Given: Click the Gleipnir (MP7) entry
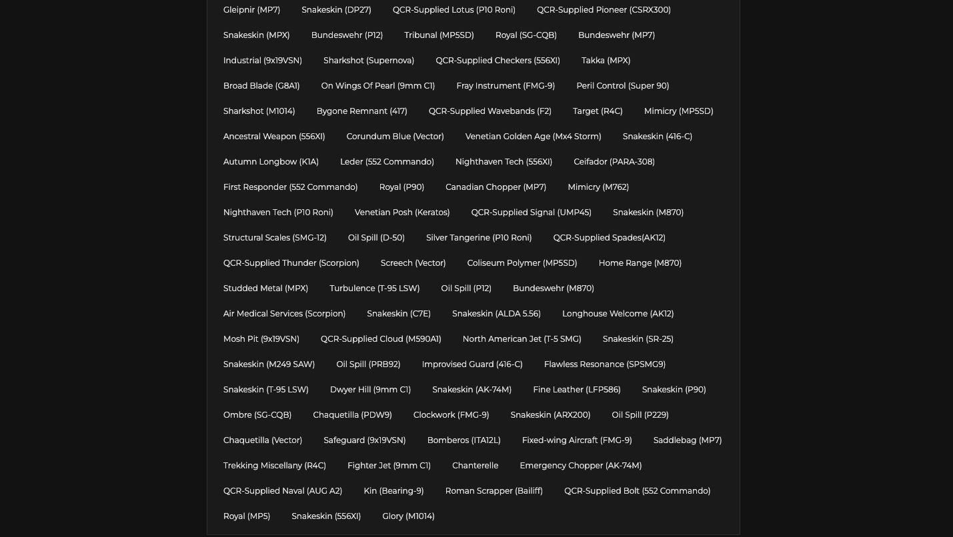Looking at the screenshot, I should pyautogui.click(x=251, y=10).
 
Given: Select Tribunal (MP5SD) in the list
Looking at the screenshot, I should pyautogui.click(x=439, y=35).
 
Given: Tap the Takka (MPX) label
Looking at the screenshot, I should pyautogui.click(x=606, y=61).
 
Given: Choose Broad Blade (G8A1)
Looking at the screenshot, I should pyautogui.click(x=261, y=86).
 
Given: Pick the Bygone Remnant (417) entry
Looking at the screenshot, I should pyautogui.click(x=361, y=111).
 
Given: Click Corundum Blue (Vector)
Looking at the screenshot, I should pyautogui.click(x=395, y=137).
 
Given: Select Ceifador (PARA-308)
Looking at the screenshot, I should pyautogui.click(x=614, y=162).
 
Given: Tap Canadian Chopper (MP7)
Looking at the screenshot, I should pyautogui.click(x=496, y=187).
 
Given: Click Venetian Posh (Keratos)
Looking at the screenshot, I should pyautogui.click(x=402, y=213).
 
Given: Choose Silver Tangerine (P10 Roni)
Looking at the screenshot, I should pyautogui.click(x=478, y=238).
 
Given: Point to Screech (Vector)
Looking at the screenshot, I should pyautogui.click(x=413, y=263).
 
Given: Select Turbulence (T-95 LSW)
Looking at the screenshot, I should pyautogui.click(x=374, y=288).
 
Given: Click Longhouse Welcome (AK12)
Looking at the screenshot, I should pyautogui.click(x=618, y=314).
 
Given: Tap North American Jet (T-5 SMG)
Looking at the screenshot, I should pyautogui.click(x=522, y=339).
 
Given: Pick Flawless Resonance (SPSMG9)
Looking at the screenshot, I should pyautogui.click(x=604, y=364).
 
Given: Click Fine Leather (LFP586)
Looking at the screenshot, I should pyautogui.click(x=576, y=390).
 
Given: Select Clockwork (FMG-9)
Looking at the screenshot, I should pyautogui.click(x=451, y=415).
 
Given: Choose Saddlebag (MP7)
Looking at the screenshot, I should pyautogui.click(x=687, y=440).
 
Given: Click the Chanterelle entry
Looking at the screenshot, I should pyautogui.click(x=475, y=466).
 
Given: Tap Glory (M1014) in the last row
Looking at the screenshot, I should pyautogui.click(x=408, y=516).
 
